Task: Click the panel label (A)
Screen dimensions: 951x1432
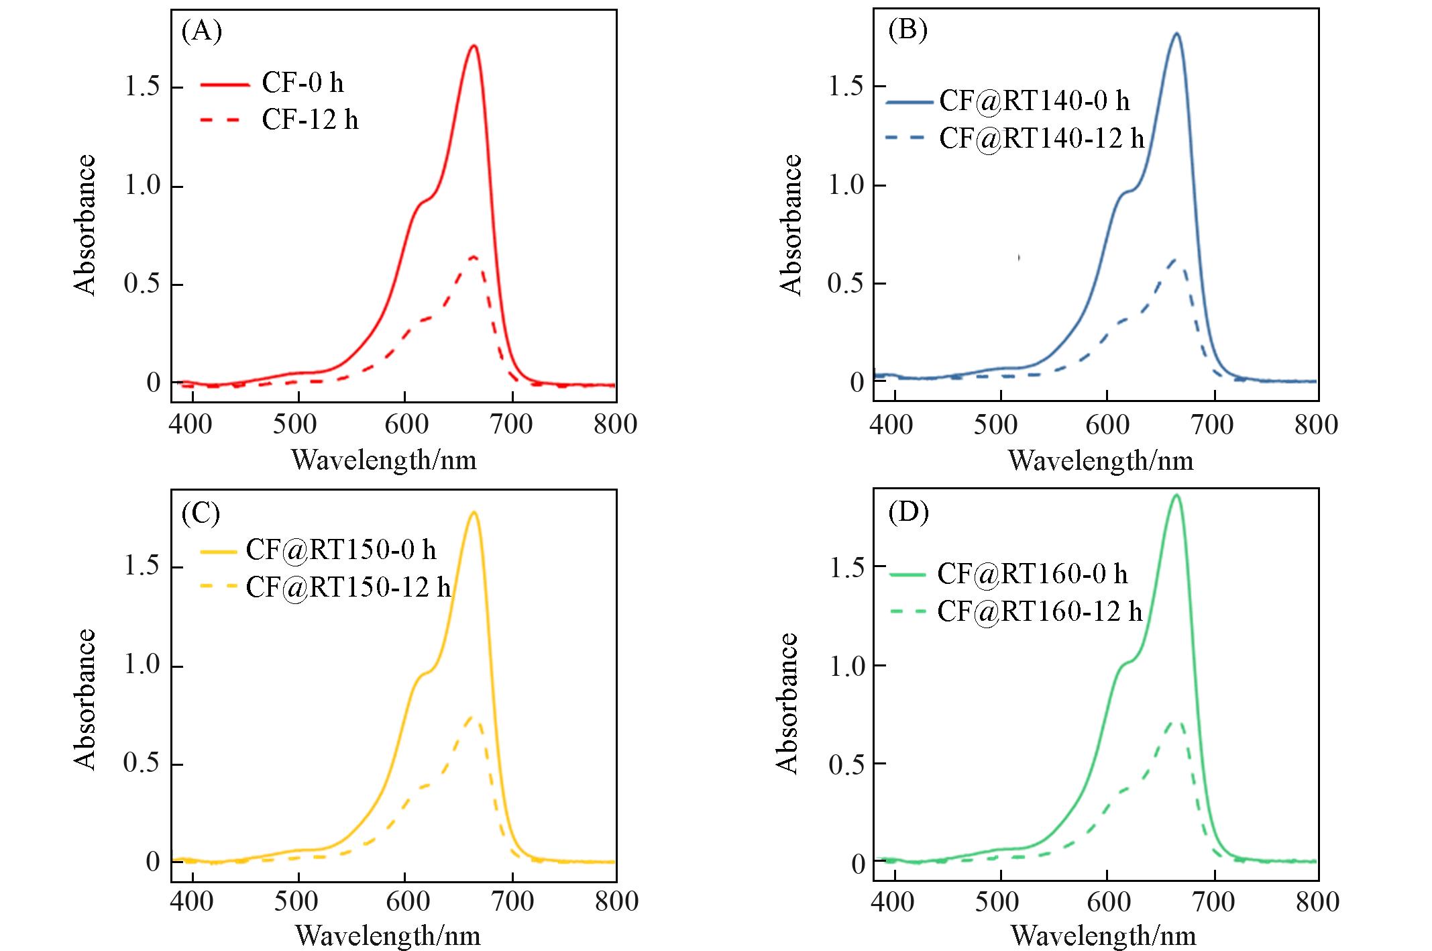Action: coord(201,32)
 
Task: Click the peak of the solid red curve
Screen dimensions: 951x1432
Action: coord(474,46)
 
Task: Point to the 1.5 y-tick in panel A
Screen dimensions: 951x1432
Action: coord(142,87)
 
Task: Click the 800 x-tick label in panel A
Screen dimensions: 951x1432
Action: coord(615,425)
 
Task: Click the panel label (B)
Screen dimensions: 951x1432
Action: coord(907,31)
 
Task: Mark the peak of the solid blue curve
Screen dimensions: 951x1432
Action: coord(1176,33)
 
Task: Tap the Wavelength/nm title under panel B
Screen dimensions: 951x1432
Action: coord(1101,461)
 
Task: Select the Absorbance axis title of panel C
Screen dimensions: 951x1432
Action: coord(85,699)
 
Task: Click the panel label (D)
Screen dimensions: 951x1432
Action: coord(908,513)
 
